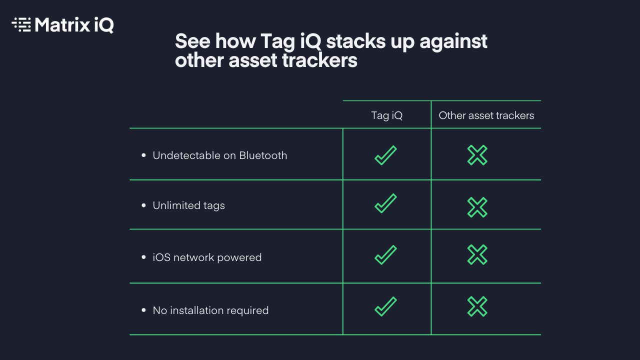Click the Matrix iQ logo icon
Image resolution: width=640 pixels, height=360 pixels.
coord(21,24)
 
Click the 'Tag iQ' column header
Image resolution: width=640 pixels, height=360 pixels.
coord(386,115)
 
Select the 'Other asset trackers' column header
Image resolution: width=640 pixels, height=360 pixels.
coord(486,115)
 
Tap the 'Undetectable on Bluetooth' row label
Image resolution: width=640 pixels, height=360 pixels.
coord(219,155)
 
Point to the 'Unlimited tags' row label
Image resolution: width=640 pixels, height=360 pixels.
coord(188,205)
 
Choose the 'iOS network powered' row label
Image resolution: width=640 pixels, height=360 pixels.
coord(207,257)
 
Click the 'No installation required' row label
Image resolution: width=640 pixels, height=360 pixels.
coord(210,310)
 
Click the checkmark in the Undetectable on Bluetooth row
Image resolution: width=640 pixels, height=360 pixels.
coord(385,155)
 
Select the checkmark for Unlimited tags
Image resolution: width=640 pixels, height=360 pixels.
coord(385,203)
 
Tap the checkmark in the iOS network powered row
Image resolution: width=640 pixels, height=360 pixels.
coord(385,255)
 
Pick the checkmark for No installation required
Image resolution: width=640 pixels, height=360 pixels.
coord(385,306)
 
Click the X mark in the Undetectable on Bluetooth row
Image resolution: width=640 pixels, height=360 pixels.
coord(477,155)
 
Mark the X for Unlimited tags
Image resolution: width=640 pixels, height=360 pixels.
coord(477,207)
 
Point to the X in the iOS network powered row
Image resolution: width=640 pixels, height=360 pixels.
coord(477,255)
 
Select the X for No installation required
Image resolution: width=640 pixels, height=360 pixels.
coord(477,306)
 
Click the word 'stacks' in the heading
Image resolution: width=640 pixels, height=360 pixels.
coord(356,41)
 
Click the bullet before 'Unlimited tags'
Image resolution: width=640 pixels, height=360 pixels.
coord(143,205)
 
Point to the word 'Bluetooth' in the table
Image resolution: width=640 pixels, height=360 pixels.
coord(263,155)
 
